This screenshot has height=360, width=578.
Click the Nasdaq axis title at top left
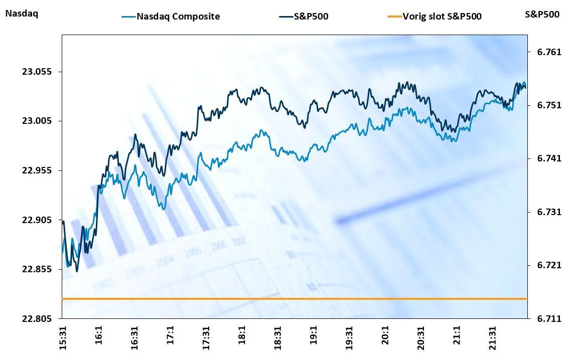coord(22,14)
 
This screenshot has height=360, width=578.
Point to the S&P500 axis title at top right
coord(542,14)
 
